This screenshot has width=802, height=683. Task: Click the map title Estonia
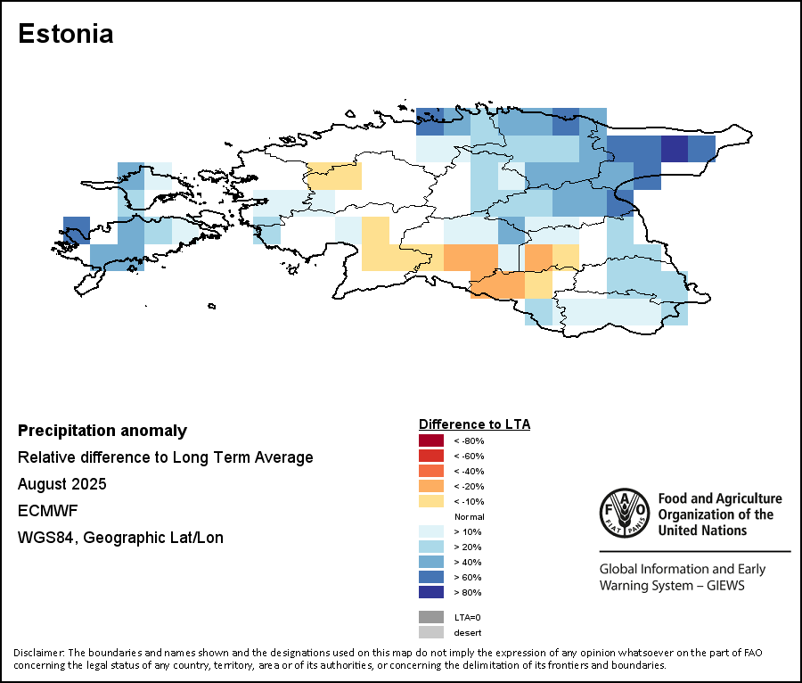65,34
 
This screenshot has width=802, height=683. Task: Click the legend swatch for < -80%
431,440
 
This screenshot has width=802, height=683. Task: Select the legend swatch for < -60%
431,456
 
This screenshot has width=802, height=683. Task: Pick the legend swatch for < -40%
431,471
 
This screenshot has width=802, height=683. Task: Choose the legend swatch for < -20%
431,486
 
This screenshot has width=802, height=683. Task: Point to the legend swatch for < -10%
431,501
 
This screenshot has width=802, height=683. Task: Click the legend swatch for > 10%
431,531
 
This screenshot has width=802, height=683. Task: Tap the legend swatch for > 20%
431,547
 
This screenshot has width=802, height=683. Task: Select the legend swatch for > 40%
431,562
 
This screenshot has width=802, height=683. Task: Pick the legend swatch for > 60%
431,577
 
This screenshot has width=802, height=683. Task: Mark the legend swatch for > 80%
431,592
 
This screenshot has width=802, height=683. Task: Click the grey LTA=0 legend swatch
431,617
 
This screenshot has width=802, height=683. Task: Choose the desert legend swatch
431,632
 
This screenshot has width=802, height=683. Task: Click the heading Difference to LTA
474,424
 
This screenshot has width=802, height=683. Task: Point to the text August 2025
61,484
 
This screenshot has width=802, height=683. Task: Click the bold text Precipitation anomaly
102,431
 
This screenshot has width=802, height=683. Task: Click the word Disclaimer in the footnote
38,653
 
